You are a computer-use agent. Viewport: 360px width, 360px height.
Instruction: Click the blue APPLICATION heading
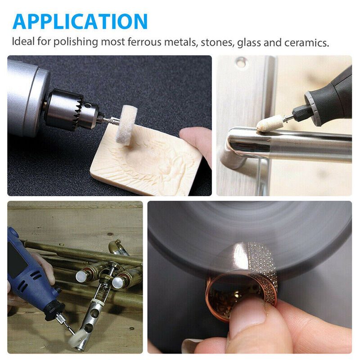click(80, 21)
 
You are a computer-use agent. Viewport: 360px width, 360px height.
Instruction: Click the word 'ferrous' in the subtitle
click(144, 42)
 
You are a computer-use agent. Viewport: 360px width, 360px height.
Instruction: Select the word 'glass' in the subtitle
click(249, 43)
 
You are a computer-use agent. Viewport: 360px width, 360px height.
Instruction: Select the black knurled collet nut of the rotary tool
click(301, 112)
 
